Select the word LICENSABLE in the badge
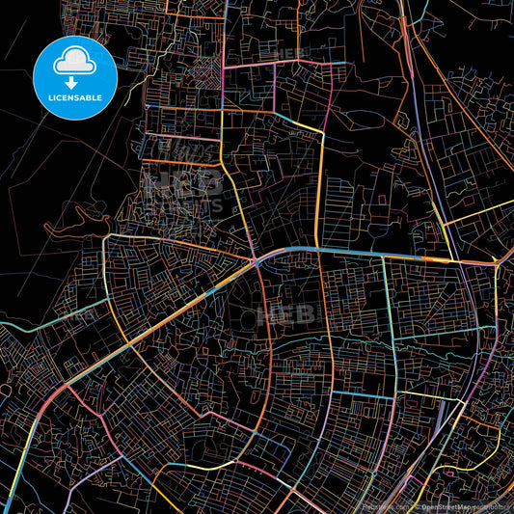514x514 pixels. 75,99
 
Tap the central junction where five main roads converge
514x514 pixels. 253,260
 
